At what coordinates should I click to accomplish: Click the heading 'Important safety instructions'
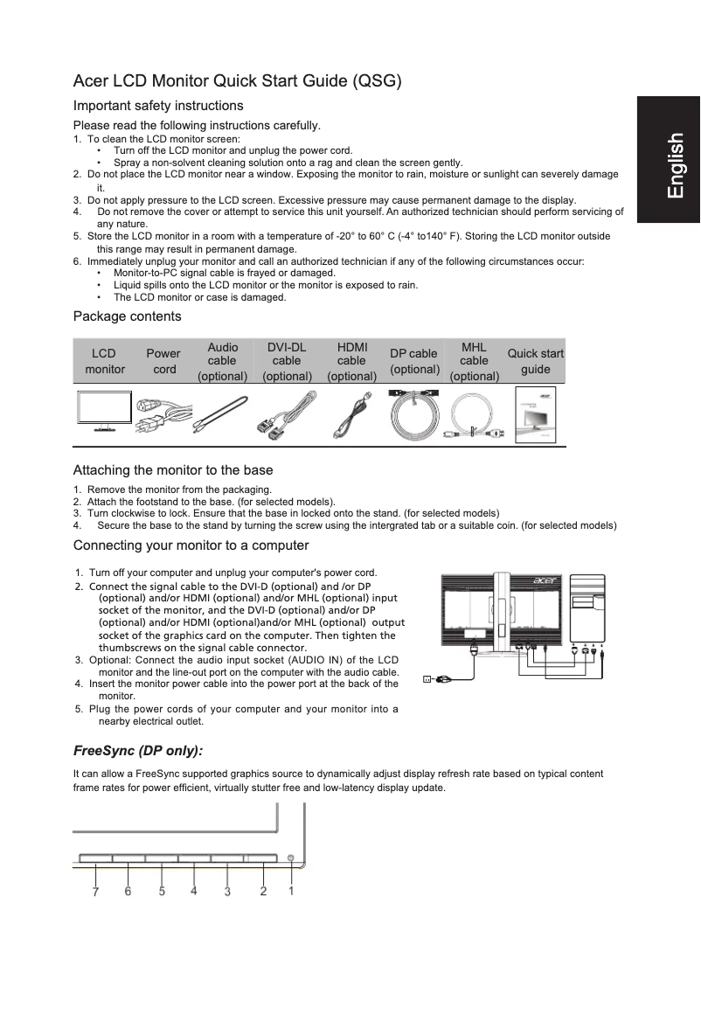[x=158, y=106]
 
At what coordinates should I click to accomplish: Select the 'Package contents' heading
[x=127, y=316]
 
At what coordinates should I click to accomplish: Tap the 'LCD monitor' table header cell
[x=104, y=361]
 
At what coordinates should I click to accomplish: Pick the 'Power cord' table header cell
[x=163, y=361]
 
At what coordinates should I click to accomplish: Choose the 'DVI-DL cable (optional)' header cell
[x=287, y=361]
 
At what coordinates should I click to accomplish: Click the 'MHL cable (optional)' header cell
[x=474, y=361]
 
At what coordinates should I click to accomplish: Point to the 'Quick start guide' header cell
[x=535, y=361]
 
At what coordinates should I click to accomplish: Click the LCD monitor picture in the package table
[x=103, y=413]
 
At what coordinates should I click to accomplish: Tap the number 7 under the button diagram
[x=94, y=892]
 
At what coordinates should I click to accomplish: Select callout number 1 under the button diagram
[x=291, y=892]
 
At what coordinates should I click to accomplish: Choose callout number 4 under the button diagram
[x=194, y=892]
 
